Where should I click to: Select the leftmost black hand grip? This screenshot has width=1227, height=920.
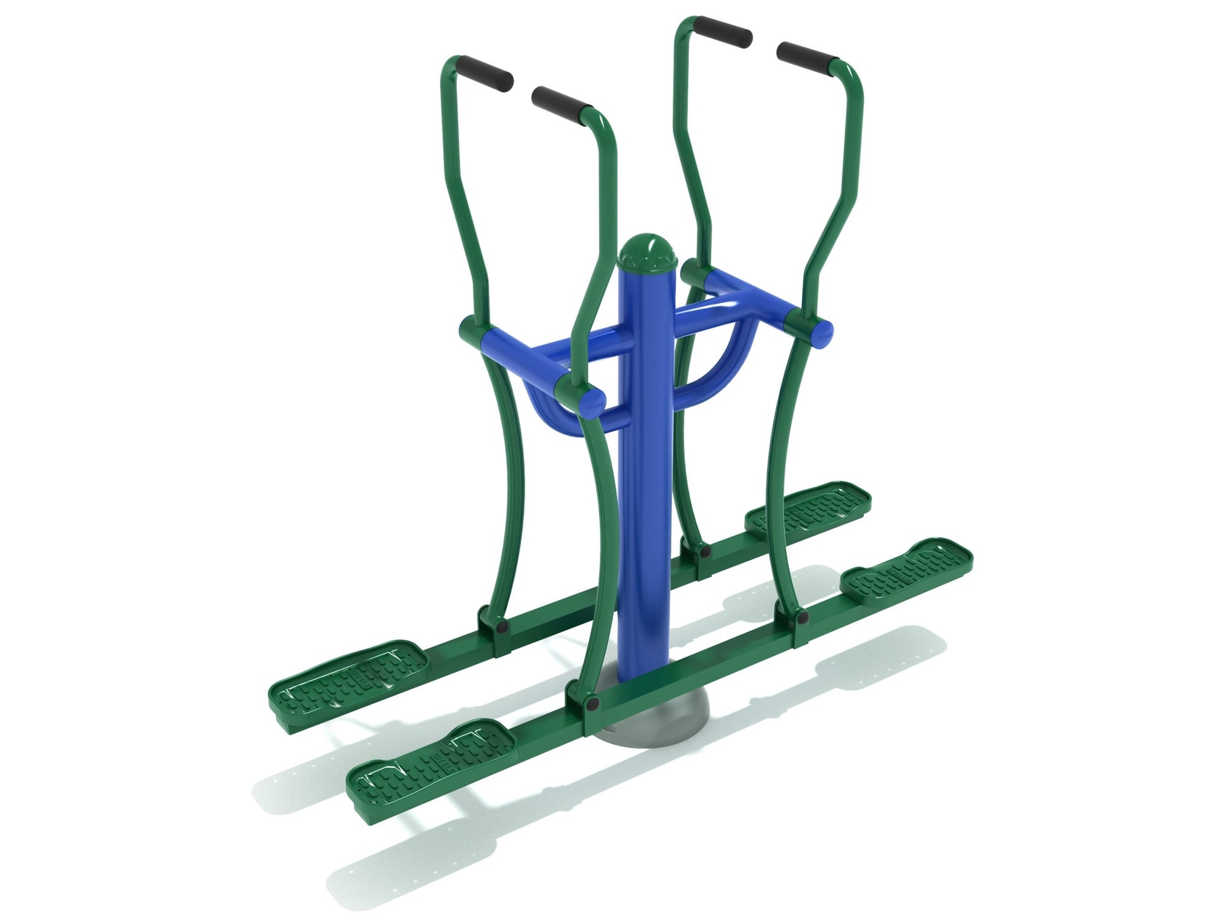point(485,74)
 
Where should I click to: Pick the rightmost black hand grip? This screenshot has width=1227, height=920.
point(808,54)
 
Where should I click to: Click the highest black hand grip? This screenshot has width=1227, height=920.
point(723,30)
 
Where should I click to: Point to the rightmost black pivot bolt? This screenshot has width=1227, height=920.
point(803,618)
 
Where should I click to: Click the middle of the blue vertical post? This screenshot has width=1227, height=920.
point(646,473)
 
